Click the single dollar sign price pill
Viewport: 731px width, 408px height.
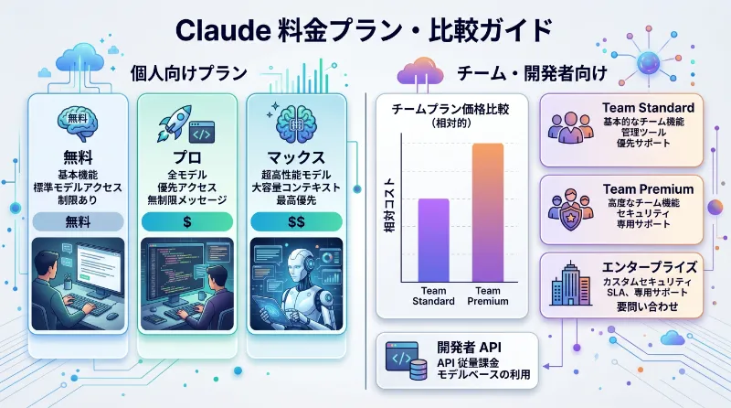click(x=186, y=220)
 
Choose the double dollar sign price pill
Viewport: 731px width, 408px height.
click(x=296, y=220)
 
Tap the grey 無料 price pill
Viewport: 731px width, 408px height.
click(x=77, y=220)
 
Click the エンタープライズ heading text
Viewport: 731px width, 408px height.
click(x=649, y=267)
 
